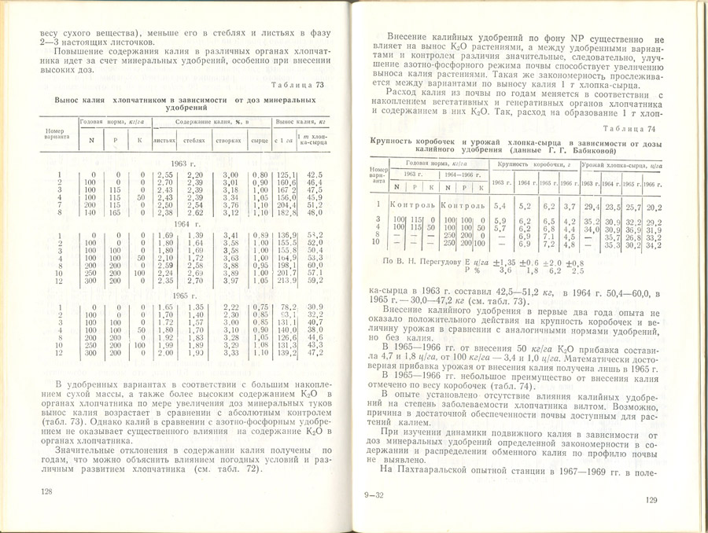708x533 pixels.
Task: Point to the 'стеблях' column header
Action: pyautogui.click(x=194, y=140)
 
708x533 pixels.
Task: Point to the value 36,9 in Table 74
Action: pyautogui.click(x=632, y=230)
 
